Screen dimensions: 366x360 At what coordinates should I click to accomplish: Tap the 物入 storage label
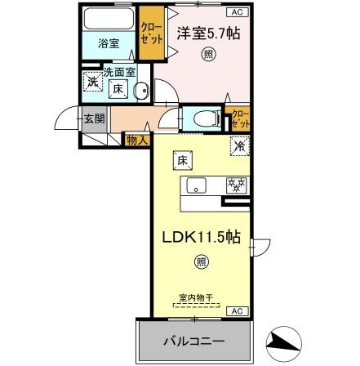(x=135, y=141)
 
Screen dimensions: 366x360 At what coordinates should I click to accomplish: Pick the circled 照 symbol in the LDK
(x=200, y=262)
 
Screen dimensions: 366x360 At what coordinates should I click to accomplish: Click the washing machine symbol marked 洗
(x=94, y=81)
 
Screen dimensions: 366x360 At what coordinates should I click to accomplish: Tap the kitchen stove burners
(x=236, y=186)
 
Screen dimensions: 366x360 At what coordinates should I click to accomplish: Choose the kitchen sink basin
(x=196, y=186)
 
